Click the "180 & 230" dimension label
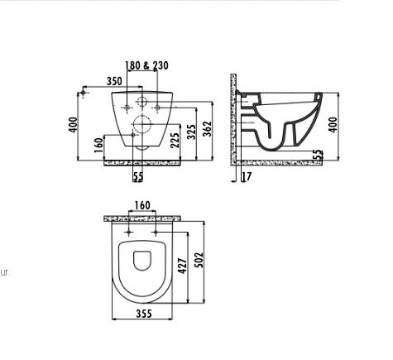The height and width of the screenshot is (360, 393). (x=146, y=65)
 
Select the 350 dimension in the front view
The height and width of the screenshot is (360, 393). (x=114, y=81)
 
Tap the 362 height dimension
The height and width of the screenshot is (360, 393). (x=208, y=129)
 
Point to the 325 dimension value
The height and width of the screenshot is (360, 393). (x=191, y=132)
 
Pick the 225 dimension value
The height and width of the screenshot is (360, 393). (x=175, y=141)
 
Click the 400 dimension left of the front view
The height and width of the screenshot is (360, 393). (x=74, y=125)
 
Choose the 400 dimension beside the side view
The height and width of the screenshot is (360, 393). (x=333, y=125)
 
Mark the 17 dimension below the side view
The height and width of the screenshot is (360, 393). (x=247, y=176)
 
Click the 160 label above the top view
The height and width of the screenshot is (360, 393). (x=142, y=205)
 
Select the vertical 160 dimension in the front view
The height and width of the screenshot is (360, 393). (x=98, y=145)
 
